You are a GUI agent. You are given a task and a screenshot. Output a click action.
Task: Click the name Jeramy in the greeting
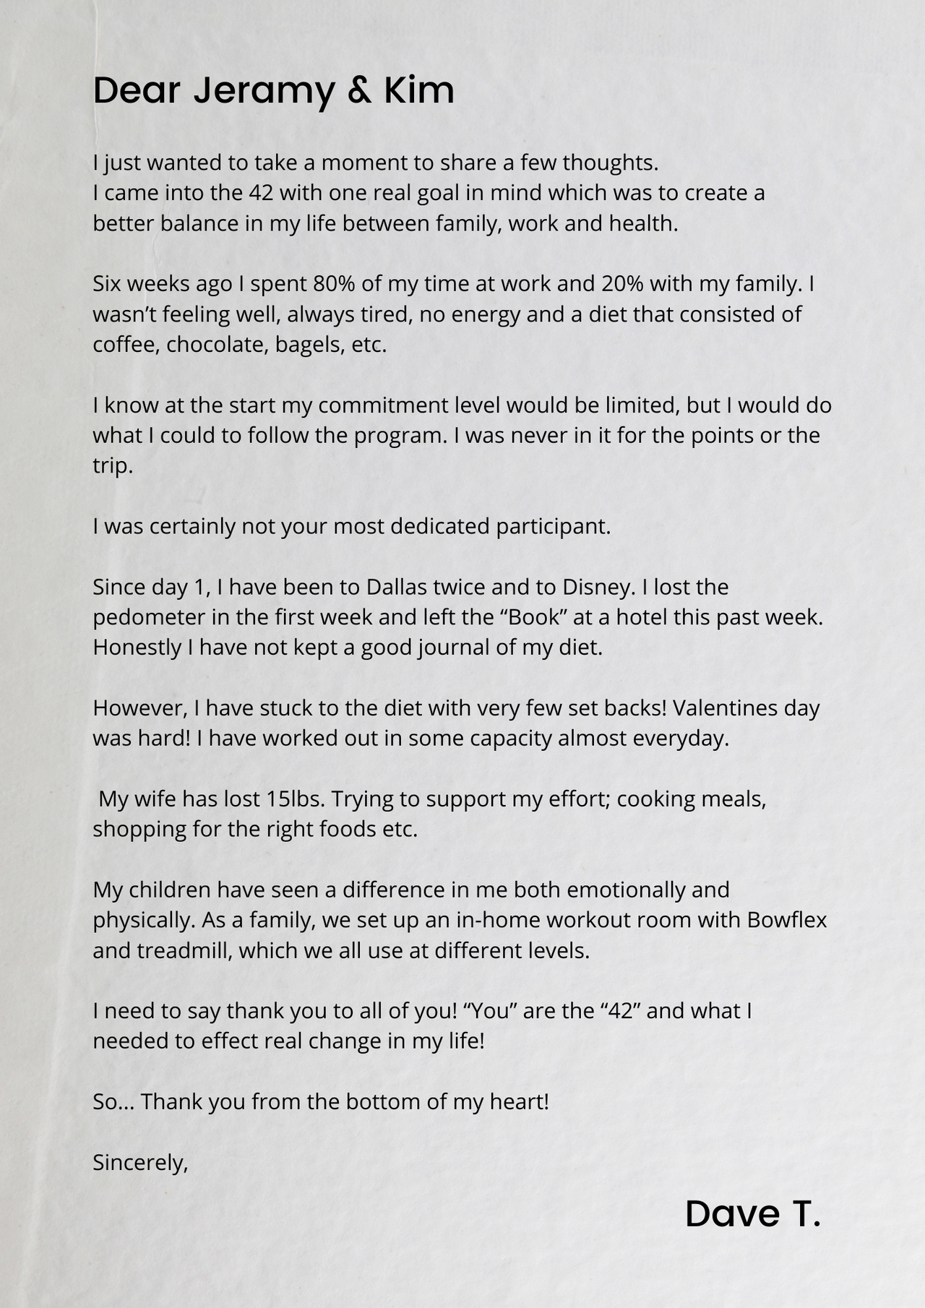[264, 92]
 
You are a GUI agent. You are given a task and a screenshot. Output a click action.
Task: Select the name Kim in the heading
[418, 92]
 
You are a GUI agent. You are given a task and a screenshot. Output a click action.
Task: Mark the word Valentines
[732, 708]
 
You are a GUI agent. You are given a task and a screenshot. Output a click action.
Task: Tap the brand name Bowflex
[787, 920]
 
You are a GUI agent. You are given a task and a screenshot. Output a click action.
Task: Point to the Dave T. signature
[752, 1214]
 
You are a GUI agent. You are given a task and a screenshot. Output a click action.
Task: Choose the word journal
[452, 647]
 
